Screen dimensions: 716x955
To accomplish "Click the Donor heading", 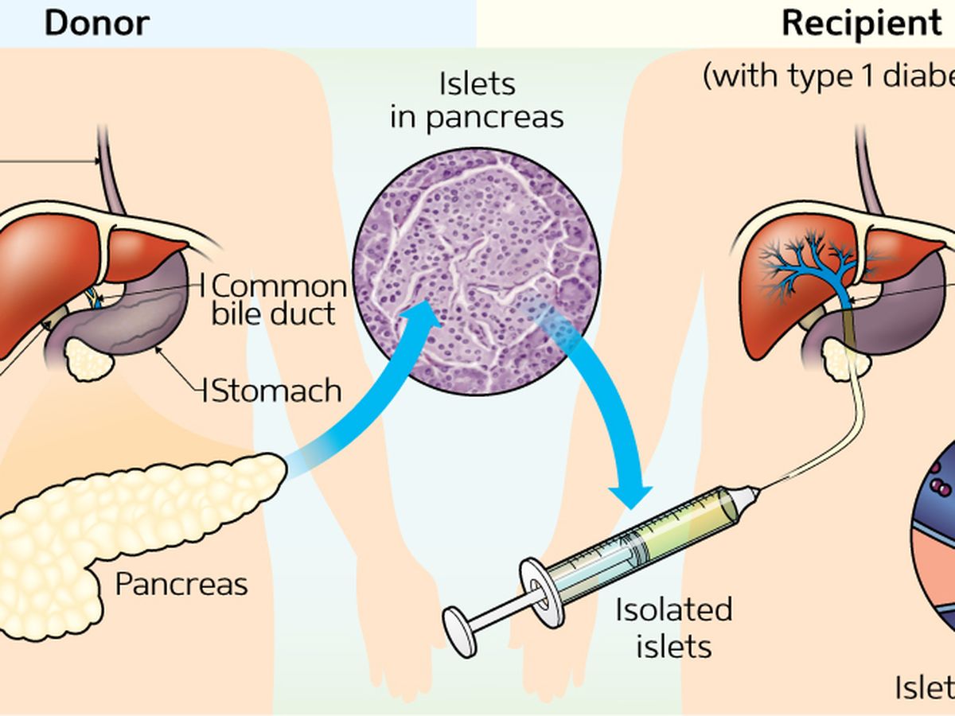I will pos(96,24).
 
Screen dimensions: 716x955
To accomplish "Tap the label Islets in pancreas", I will pos(477,101).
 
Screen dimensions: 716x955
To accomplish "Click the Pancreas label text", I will pos(181,584).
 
